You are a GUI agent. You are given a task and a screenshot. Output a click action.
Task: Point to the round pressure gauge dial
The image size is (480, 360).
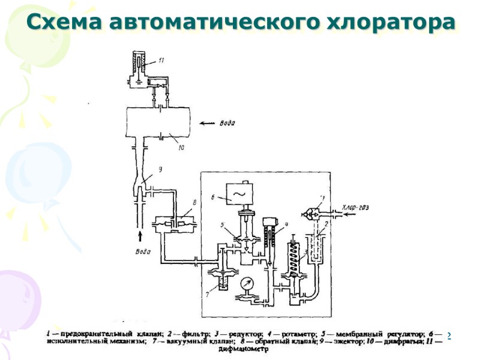(x=247, y=283)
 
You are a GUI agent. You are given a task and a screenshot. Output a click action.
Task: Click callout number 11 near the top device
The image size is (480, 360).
(x=161, y=61)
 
